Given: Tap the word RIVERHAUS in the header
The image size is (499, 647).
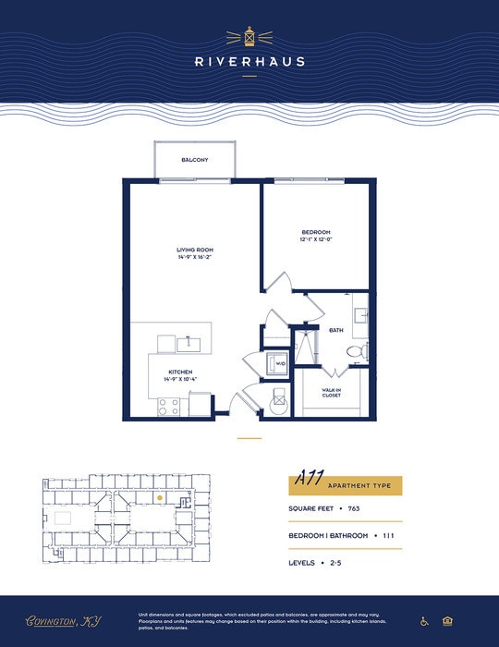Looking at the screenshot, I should pos(249,62).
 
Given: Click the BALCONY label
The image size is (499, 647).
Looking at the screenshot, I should pos(195,160).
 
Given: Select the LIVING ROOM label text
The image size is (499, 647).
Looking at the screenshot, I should pos(195,250).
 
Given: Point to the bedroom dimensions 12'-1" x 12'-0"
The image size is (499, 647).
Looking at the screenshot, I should pos(316,239).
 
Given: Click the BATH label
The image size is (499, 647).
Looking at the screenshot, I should pos(336,329).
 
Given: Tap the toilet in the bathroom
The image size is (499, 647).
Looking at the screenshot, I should pos(356,352).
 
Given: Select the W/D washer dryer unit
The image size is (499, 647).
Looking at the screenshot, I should pos(278,363).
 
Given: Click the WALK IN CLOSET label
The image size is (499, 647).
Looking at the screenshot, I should pos(332,393).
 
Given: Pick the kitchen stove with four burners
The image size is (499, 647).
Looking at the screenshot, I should pos(168,405).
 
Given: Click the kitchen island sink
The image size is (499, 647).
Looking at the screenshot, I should pos(189,345).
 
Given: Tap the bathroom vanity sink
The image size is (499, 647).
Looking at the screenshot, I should pos(360,314).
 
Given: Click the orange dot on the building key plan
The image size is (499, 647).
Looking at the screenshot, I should pos(160,497).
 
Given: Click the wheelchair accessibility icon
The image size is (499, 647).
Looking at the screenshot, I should pos(425,621).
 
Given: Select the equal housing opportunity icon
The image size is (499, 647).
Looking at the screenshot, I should pos(448,621).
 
